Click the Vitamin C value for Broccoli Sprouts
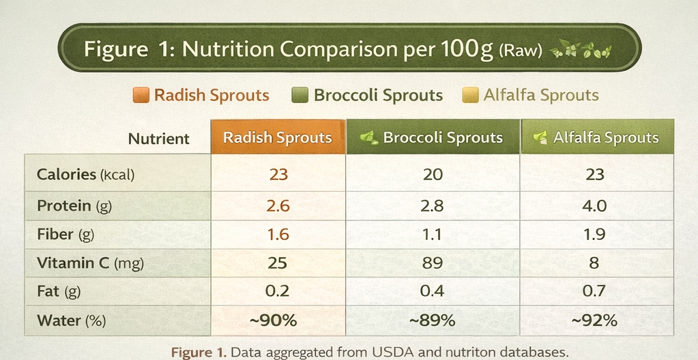coord(433,262)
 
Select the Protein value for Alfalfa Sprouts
coord(595,205)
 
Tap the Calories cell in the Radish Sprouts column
coord(278,175)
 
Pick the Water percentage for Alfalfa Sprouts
coord(594,320)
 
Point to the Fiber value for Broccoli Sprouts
coord(433,235)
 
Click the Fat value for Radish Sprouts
coord(278,291)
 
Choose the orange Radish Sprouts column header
coord(278,138)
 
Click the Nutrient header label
coord(158,139)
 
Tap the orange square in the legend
coord(141,95)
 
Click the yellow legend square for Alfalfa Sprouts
coord(470,95)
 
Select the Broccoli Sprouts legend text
coord(378,95)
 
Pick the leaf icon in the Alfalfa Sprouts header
coord(540,138)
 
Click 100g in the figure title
coord(467,50)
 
